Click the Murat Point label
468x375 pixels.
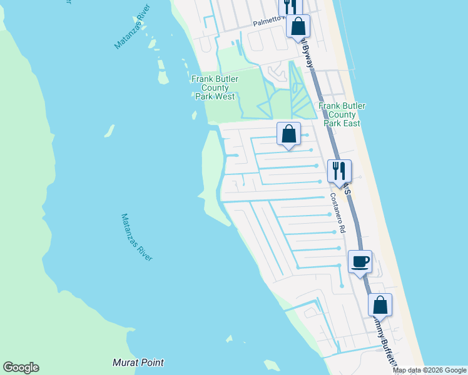click(138, 362)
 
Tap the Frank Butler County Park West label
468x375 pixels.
click(213, 88)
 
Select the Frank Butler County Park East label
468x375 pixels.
click(342, 114)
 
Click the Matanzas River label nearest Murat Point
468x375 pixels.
click(136, 237)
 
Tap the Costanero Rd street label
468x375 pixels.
click(338, 212)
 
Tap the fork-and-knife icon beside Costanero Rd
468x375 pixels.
click(339, 171)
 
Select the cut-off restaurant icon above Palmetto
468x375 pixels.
click(290, 6)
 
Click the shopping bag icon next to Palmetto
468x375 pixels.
click(298, 26)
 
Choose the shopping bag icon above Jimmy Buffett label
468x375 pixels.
click(380, 306)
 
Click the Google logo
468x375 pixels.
click(21, 367)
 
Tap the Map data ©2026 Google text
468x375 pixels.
click(430, 370)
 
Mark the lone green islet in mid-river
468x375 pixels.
click(109, 131)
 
